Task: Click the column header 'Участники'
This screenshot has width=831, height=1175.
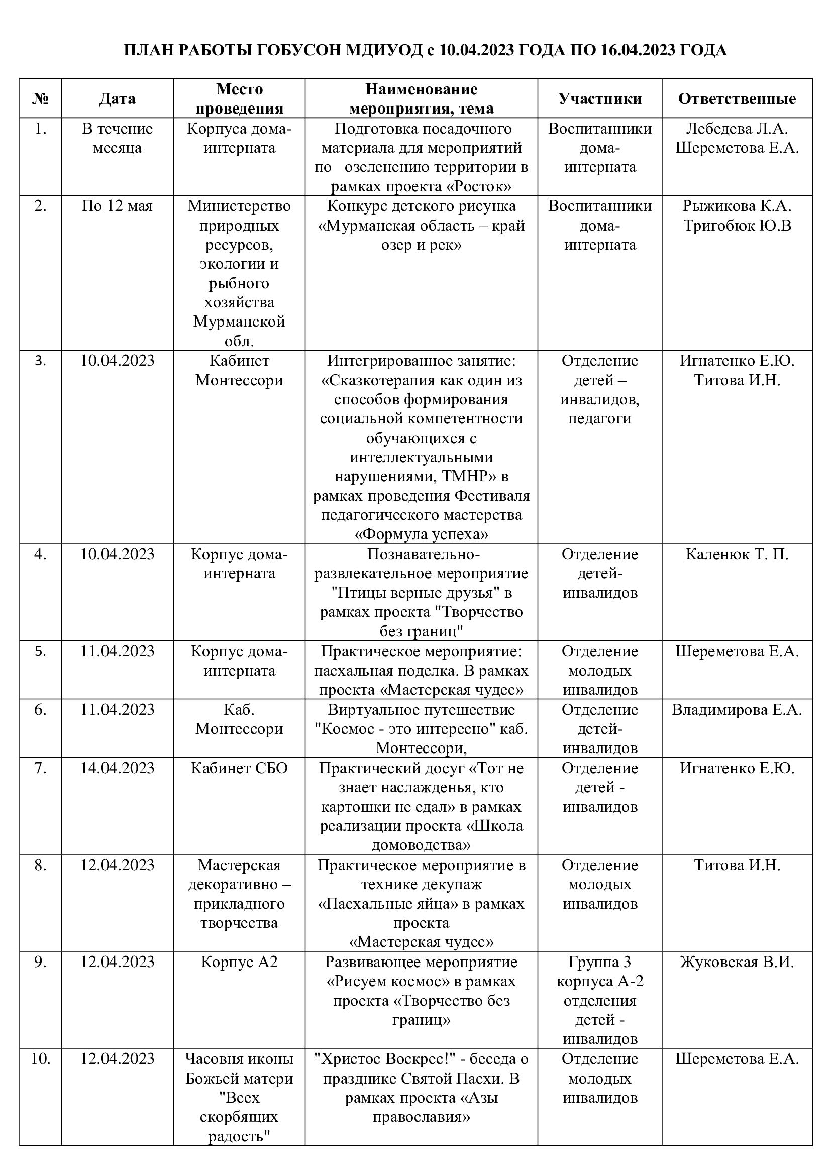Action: coord(600,99)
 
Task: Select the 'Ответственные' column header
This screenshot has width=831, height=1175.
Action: coord(737,99)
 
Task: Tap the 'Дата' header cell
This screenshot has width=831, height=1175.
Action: coord(117,99)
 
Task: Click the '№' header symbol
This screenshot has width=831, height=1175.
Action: coord(40,99)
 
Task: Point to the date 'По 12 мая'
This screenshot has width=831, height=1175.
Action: coord(117,206)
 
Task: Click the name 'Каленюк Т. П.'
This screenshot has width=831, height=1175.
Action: coord(737,554)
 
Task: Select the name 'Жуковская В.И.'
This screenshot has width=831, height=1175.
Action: coord(737,962)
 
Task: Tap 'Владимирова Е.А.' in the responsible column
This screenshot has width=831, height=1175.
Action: coord(737,710)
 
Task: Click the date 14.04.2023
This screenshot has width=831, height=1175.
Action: coord(117,768)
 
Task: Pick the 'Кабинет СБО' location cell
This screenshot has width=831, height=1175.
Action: coord(240,768)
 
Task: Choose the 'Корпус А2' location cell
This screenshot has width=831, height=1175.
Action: coord(240,962)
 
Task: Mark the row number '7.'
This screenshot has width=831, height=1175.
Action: coord(40,768)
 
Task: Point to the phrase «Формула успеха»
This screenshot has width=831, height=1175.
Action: coord(421,535)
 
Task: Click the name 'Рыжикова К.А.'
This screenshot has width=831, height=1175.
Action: coord(737,206)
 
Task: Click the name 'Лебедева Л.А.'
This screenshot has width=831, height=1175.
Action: coord(737,129)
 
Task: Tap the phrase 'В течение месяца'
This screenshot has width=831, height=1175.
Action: coord(117,138)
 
